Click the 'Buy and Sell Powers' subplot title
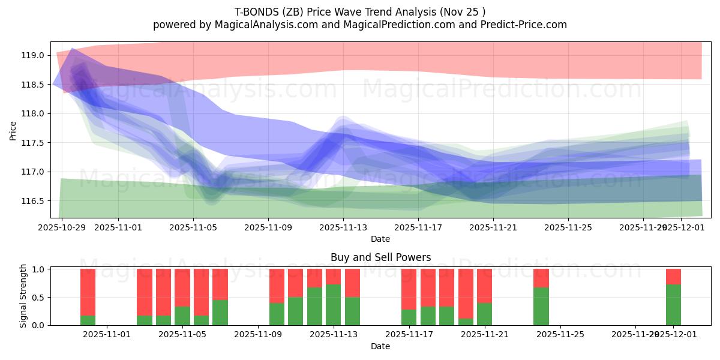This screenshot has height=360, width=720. (380, 257)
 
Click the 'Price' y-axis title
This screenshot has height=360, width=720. (13, 130)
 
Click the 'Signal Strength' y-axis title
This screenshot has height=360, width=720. (23, 296)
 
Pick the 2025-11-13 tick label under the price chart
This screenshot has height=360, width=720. (343, 227)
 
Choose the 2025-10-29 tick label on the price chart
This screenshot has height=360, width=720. (62, 227)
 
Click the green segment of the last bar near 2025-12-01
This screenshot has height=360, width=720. (673, 305)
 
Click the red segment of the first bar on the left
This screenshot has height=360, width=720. (88, 292)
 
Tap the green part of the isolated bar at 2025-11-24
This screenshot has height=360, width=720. (541, 306)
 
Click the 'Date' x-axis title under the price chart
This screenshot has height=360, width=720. (380, 239)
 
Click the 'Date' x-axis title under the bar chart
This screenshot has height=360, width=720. (380, 346)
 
